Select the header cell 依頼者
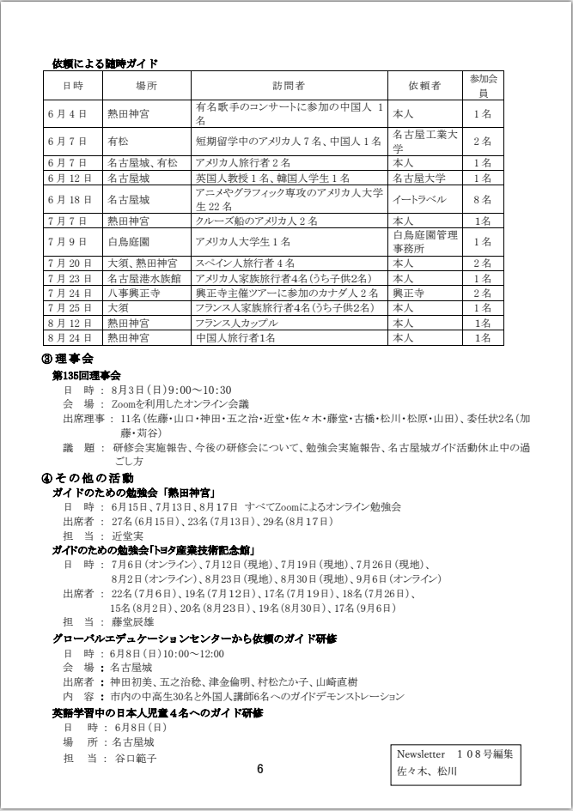pos(424,86)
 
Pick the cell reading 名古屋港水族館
pos(143,278)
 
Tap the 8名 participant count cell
pos(482,199)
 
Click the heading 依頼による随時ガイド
pos(105,63)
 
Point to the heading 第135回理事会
pos(87,375)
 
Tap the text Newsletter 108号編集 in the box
pos(454,754)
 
